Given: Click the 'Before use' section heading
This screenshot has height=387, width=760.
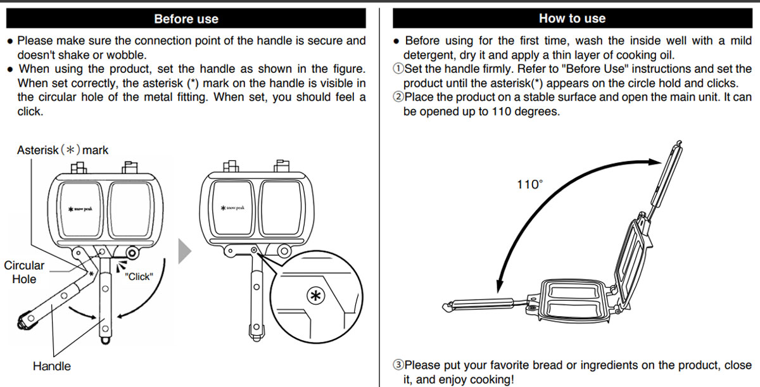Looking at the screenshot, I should (186, 18).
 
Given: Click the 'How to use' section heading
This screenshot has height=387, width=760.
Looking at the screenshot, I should (572, 18).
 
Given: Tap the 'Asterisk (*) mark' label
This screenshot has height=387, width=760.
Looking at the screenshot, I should (63, 150).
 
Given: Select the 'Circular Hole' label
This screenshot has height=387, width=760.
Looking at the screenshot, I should (24, 272).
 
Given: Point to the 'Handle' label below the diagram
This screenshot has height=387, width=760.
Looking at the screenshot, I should (52, 365).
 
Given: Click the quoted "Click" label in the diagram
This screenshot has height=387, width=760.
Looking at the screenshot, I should (139, 276).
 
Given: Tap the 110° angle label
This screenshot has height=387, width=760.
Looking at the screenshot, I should (529, 184).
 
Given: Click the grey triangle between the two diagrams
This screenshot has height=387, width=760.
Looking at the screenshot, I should (185, 251).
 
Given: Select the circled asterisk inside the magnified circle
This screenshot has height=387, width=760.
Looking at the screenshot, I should (314, 295).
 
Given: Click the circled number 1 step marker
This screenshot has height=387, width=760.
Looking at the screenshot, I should (398, 69).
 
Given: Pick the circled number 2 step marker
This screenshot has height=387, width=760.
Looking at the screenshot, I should (398, 98).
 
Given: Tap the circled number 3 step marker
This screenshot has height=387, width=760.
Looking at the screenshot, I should (398, 365).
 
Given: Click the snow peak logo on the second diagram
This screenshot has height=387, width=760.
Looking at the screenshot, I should (232, 208).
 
